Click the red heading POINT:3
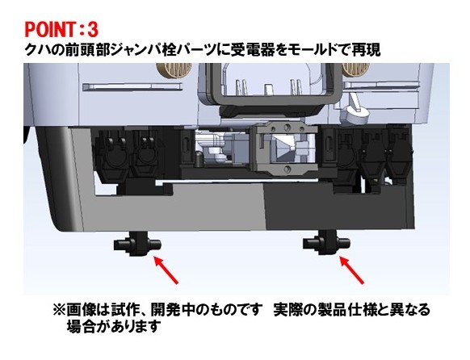click(x=61, y=29)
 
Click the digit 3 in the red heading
click(x=92, y=29)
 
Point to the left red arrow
click(x=166, y=270)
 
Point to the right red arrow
click(x=351, y=270)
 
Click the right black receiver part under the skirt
click(x=326, y=243)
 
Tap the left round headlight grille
click(x=174, y=69)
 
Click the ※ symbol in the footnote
click(x=59, y=310)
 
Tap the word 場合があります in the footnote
click(x=111, y=326)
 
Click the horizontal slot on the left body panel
click(x=132, y=87)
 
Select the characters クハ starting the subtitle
click(x=37, y=50)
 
